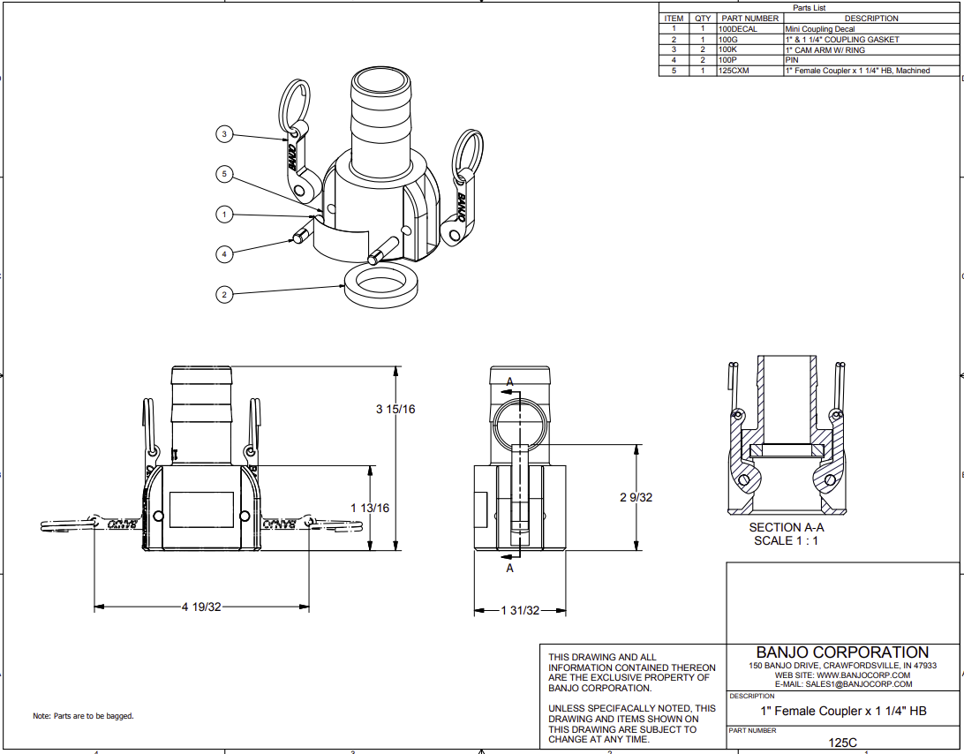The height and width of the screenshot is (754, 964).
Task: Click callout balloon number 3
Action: pyautogui.click(x=224, y=134)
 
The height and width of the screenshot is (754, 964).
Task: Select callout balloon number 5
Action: pyautogui.click(x=224, y=175)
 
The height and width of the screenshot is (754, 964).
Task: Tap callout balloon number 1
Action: pyautogui.click(x=224, y=214)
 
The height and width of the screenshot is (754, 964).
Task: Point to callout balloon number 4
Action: pyautogui.click(x=224, y=253)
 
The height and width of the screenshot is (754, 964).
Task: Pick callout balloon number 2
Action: pyautogui.click(x=224, y=294)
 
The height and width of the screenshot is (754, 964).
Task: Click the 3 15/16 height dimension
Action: pyautogui.click(x=395, y=409)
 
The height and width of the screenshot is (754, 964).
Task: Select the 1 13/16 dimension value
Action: pyautogui.click(x=370, y=508)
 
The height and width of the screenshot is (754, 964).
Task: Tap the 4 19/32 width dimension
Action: pyautogui.click(x=201, y=607)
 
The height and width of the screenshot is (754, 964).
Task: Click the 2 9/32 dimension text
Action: pyautogui.click(x=636, y=497)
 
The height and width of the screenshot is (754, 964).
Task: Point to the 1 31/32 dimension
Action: pyautogui.click(x=520, y=611)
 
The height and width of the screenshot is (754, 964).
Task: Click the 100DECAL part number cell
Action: pyautogui.click(x=738, y=29)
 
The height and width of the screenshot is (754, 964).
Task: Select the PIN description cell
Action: pyautogui.click(x=791, y=60)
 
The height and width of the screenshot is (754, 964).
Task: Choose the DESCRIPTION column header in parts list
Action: pyautogui.click(x=870, y=19)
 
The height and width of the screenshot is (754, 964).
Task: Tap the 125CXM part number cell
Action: pyautogui.click(x=734, y=71)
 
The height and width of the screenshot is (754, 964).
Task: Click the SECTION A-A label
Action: pyautogui.click(x=786, y=527)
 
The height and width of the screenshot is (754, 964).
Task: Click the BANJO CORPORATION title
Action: pyautogui.click(x=842, y=652)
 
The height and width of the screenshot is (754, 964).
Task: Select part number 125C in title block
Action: pyautogui.click(x=842, y=743)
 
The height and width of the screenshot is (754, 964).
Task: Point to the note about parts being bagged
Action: pyautogui.click(x=83, y=716)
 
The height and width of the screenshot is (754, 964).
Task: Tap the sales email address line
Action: pyautogui.click(x=842, y=684)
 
